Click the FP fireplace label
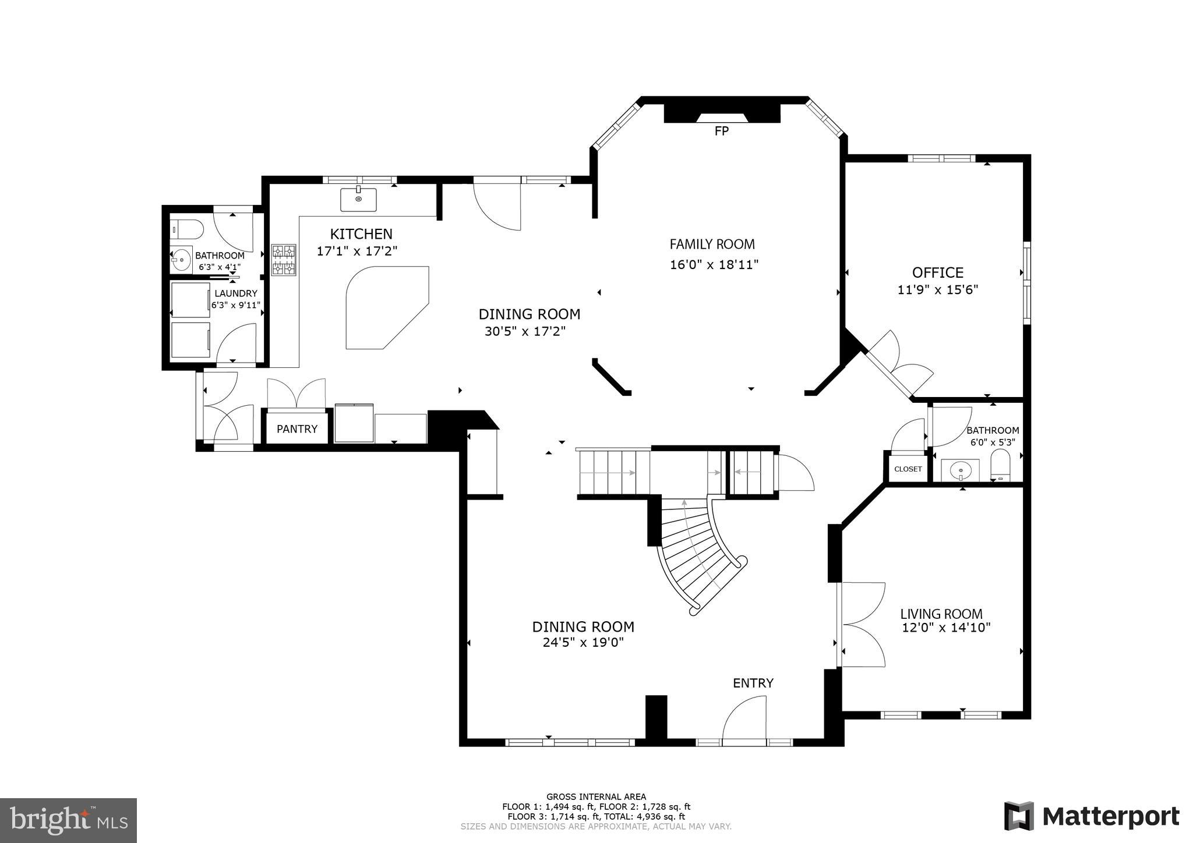click(x=721, y=132)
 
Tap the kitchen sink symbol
click(x=358, y=199)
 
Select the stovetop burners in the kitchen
click(x=284, y=260)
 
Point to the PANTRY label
click(x=297, y=429)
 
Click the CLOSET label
click(x=908, y=469)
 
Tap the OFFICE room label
click(x=937, y=272)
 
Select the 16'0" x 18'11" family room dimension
click(x=714, y=265)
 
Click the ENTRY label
click(x=753, y=683)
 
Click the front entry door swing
click(x=744, y=719)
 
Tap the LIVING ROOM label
click(x=941, y=614)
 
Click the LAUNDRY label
click(x=235, y=293)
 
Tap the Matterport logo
click(x=1092, y=816)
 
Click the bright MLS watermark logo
click(x=69, y=820)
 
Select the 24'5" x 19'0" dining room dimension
click(x=583, y=643)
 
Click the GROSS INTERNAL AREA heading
click(x=596, y=796)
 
